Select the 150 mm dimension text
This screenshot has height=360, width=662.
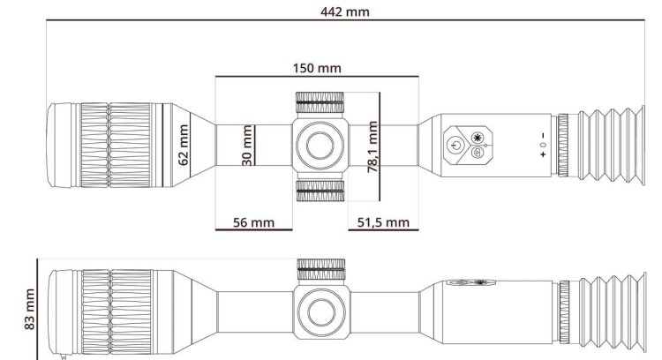318,67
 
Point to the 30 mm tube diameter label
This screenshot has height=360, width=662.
248,143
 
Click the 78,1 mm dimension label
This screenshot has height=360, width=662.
372,147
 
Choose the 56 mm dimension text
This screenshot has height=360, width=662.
252,221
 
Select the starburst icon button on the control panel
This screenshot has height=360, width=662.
478,137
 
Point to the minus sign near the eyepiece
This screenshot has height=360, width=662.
542,134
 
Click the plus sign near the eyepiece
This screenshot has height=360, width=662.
542,155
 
